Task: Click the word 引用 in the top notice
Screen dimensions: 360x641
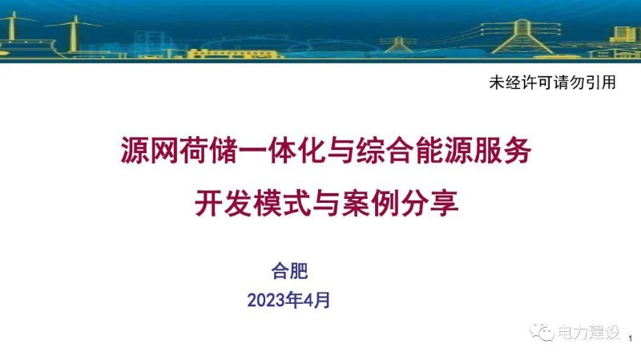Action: (x=602, y=83)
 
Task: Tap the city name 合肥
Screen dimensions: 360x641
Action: (x=290, y=271)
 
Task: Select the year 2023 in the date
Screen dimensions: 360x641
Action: (x=266, y=301)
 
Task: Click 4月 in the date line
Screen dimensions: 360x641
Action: (x=316, y=301)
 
